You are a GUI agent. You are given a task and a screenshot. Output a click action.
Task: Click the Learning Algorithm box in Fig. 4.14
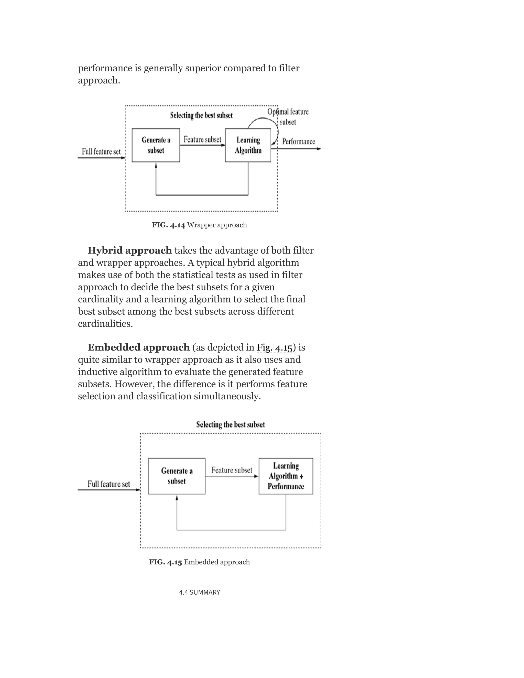pyautogui.click(x=248, y=145)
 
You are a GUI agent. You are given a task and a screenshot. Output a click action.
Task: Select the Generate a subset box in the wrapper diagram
pyautogui.click(x=156, y=145)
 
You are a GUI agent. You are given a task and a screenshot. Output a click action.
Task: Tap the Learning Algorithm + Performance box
pyautogui.click(x=286, y=476)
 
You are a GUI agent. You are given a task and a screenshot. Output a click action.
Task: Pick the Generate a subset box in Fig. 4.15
pyautogui.click(x=177, y=476)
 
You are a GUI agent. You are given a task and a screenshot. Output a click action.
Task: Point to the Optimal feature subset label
pyautogui.click(x=288, y=117)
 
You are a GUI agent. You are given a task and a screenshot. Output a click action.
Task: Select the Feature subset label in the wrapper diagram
pyautogui.click(x=202, y=139)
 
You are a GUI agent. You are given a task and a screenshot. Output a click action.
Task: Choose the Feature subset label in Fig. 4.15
pyautogui.click(x=232, y=470)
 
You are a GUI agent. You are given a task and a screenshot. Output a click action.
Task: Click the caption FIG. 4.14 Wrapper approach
pyautogui.click(x=199, y=225)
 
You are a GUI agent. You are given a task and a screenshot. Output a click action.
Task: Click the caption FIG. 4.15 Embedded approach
pyautogui.click(x=199, y=562)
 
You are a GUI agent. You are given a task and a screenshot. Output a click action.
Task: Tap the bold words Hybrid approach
pyautogui.click(x=129, y=250)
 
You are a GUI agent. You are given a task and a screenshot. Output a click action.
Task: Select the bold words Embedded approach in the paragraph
pyautogui.click(x=138, y=347)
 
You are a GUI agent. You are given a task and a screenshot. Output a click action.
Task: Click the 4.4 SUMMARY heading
pyautogui.click(x=199, y=592)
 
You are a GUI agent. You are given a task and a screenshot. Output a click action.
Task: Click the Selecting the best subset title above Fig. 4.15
pyautogui.click(x=230, y=424)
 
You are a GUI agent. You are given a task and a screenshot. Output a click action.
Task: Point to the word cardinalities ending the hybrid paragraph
pyautogui.click(x=105, y=324)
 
